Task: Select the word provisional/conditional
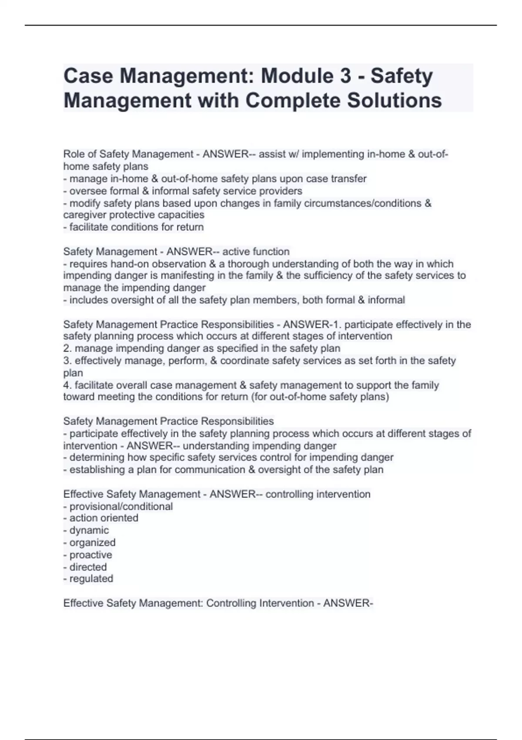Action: coord(121,507)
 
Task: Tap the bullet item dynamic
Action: coord(89,530)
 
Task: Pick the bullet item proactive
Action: coord(90,555)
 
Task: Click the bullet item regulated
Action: coord(91,579)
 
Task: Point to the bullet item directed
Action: coord(88,567)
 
